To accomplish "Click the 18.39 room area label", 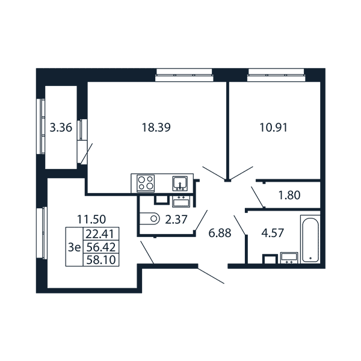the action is (156, 128).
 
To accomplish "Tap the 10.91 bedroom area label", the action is (274, 128).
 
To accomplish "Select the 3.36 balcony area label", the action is (61, 128).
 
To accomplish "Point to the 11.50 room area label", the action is (91, 219).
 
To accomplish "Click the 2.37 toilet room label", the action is (176, 220).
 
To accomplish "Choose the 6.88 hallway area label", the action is (220, 233).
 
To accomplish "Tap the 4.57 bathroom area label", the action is (273, 233).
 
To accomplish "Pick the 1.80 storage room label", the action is (289, 196).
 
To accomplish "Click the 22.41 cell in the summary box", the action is (100, 234).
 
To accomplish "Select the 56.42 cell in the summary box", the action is (100, 247).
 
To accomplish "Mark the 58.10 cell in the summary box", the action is (100, 260).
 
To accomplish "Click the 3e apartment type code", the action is (75, 247).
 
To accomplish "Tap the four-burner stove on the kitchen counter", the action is (146, 184).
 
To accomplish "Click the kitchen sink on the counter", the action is (180, 184).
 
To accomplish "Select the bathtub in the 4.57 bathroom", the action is (310, 239).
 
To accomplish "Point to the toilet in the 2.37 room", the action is (150, 218).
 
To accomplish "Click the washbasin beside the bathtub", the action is (289, 258).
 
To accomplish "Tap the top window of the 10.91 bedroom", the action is (276, 75).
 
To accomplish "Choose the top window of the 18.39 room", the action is (184, 75).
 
